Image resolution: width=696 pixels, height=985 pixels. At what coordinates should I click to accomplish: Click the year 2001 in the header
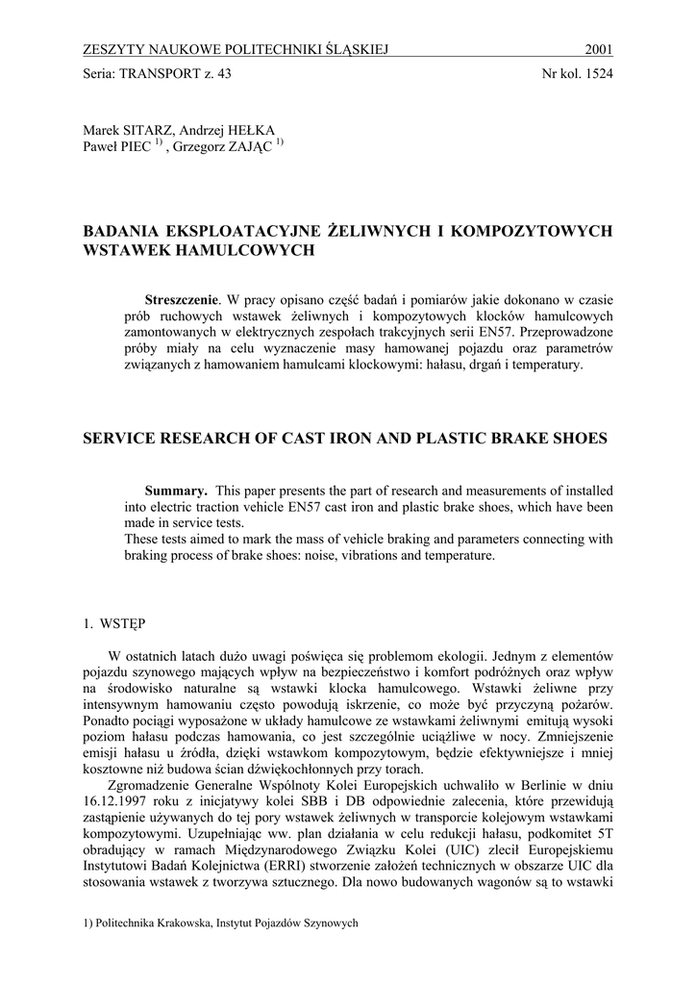[x=599, y=50]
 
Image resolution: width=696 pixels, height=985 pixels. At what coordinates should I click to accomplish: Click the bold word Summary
[x=175, y=491]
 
